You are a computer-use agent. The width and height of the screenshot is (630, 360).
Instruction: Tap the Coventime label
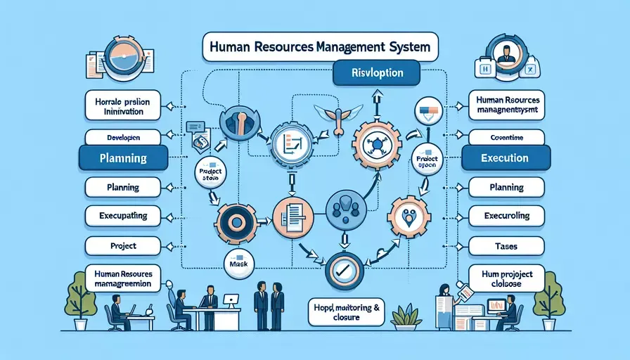506,136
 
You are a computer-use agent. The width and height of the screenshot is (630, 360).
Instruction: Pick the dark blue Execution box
506,159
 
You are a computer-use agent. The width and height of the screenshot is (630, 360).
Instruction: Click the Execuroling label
506,215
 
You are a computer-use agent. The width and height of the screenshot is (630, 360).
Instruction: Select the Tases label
506,245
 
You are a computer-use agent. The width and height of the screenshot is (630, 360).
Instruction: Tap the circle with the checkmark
345,269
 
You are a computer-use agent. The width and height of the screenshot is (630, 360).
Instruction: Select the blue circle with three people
347,207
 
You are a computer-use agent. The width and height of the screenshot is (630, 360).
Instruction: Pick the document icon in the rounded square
291,213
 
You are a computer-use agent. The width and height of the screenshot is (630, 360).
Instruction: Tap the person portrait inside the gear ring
503,53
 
